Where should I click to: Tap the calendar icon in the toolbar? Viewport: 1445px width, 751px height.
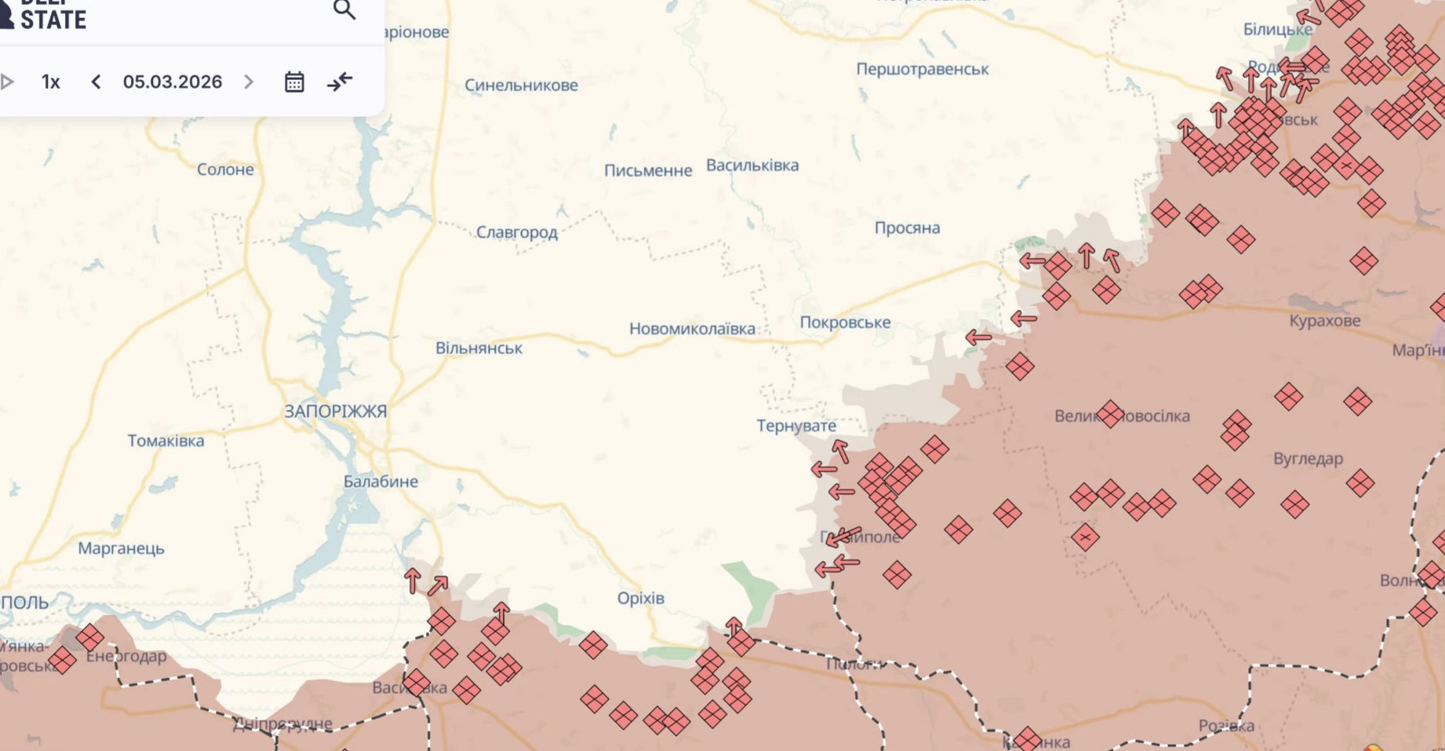click(x=294, y=82)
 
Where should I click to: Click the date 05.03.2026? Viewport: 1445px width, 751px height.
click(x=173, y=82)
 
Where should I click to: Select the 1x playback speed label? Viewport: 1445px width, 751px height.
click(x=51, y=82)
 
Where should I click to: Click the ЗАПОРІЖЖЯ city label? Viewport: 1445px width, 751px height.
click(x=335, y=411)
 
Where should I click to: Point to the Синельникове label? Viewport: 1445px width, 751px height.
click(x=521, y=86)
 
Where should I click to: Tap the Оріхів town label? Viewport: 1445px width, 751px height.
click(x=640, y=598)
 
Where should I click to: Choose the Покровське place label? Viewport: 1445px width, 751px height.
click(x=845, y=323)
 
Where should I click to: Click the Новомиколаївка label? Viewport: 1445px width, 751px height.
click(x=692, y=329)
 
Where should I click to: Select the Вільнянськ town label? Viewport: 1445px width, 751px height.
click(x=479, y=348)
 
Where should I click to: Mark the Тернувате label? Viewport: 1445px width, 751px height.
click(x=796, y=426)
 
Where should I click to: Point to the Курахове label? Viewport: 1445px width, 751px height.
click(x=1324, y=321)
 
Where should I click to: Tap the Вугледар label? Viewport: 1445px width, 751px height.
click(x=1308, y=458)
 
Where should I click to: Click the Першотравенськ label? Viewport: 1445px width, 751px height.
click(x=922, y=69)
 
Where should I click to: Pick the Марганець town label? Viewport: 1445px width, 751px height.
click(x=121, y=549)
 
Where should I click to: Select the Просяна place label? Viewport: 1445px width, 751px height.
click(x=907, y=228)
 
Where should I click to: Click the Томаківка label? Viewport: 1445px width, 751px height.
click(x=166, y=441)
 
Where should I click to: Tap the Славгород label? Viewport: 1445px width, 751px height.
click(x=517, y=232)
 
